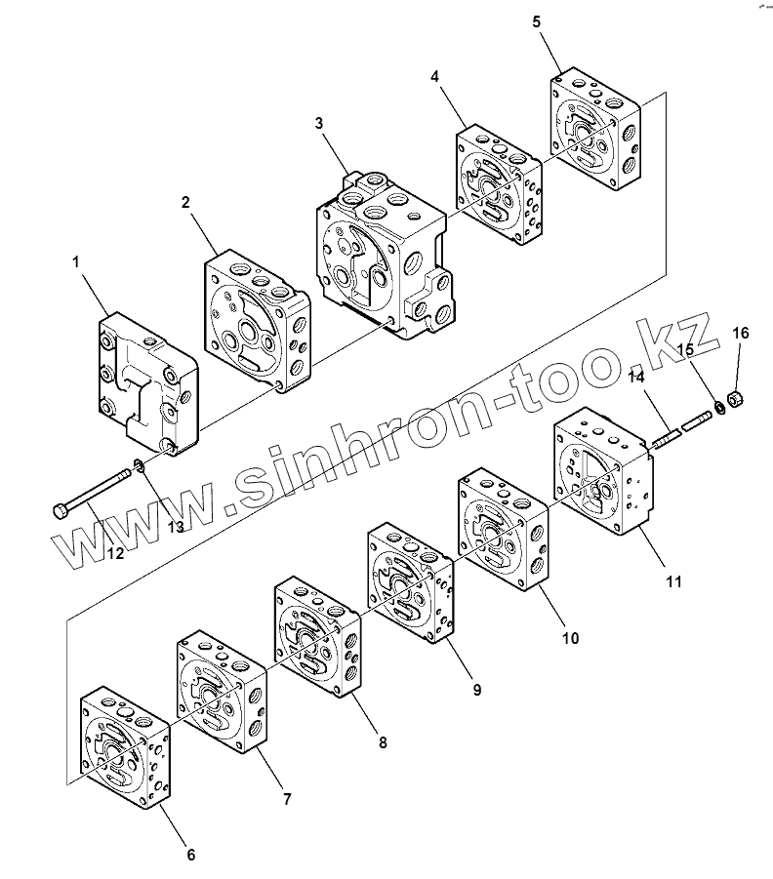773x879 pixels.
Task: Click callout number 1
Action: click(75, 261)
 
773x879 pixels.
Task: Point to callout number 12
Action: click(115, 554)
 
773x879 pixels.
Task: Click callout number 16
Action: click(741, 334)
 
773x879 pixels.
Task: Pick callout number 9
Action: click(477, 689)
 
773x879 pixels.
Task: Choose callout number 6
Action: click(190, 855)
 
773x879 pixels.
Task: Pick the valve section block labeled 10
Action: click(504, 531)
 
